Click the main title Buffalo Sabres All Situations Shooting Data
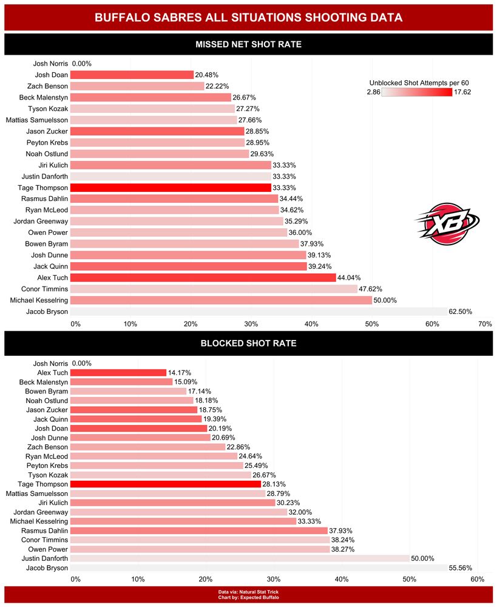coord(248,18)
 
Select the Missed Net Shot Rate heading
coord(248,44)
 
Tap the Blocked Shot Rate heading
coord(248,344)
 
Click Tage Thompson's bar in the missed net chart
coord(171,188)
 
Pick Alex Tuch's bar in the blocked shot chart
coord(118,373)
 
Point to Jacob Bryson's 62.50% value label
coord(460,311)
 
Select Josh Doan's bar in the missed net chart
coord(132,75)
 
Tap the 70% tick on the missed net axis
coord(484,324)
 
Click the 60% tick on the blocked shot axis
coord(477,580)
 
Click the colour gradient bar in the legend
coord(417,92)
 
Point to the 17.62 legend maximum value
coord(462,92)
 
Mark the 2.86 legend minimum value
coord(373,92)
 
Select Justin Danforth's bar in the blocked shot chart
coord(240,558)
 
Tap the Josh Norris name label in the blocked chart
coord(50,364)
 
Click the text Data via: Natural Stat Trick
coord(248,592)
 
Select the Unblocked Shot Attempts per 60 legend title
coord(419,83)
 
